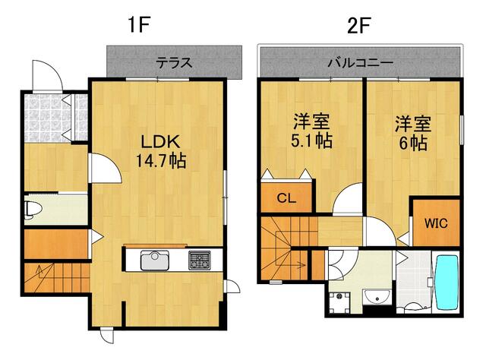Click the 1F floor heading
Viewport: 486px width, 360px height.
pos(139,25)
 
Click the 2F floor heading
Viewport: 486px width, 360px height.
pos(359,25)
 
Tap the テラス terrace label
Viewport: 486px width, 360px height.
pos(174,63)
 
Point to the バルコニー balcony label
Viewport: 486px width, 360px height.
pos(361,63)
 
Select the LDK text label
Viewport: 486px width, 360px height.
pos(160,141)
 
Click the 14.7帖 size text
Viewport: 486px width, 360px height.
pos(161,161)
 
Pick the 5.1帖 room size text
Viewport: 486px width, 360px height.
pos(311,141)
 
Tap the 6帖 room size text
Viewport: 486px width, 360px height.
pos(413,143)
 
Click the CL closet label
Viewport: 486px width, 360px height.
pos(286,197)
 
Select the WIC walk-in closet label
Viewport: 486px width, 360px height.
pos(436,223)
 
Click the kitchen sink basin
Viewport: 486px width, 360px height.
pos(155,260)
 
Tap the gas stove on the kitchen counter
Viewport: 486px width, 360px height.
pos(199,260)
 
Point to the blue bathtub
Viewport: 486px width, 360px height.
pos(447,283)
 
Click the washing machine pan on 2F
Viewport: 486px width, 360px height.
pos(339,302)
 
